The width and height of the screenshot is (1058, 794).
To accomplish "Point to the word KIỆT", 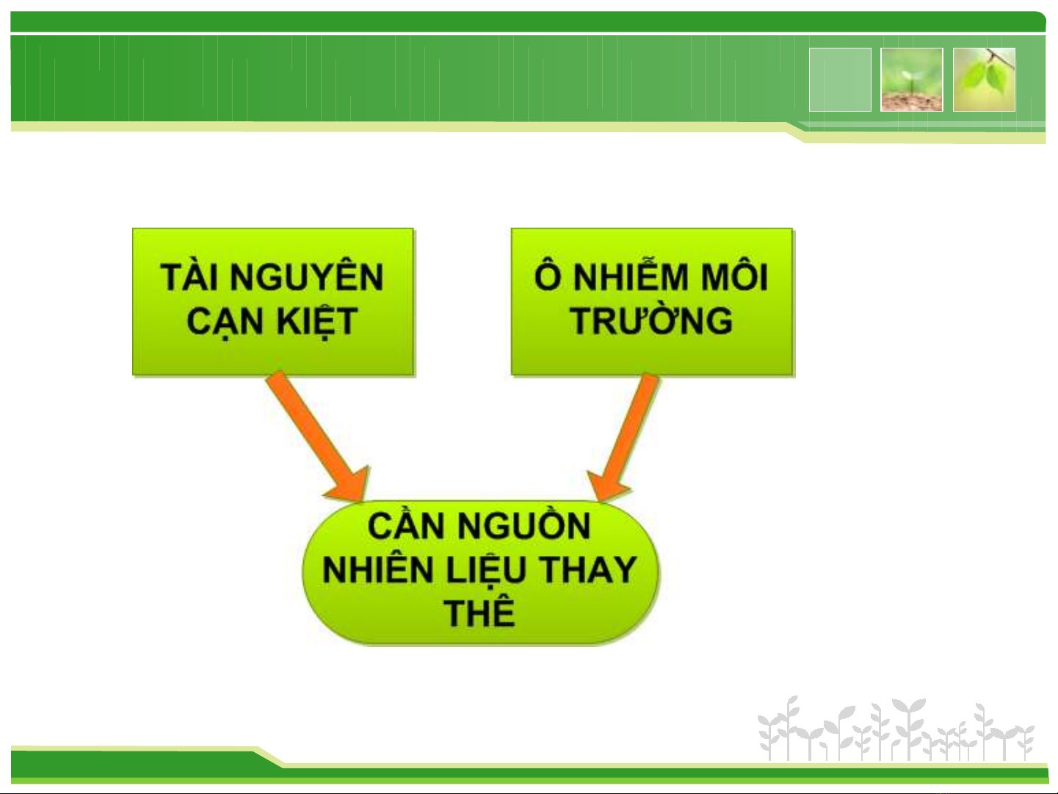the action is pyautogui.click(x=316, y=321).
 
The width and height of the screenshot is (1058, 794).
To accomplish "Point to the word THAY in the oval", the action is pyautogui.click(x=587, y=569).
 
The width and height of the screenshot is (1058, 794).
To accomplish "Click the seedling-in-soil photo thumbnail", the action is pyautogui.click(x=911, y=79).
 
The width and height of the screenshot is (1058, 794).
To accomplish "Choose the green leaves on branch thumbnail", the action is pyautogui.click(x=984, y=79).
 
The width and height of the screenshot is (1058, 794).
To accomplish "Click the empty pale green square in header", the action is pyautogui.click(x=840, y=79).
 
